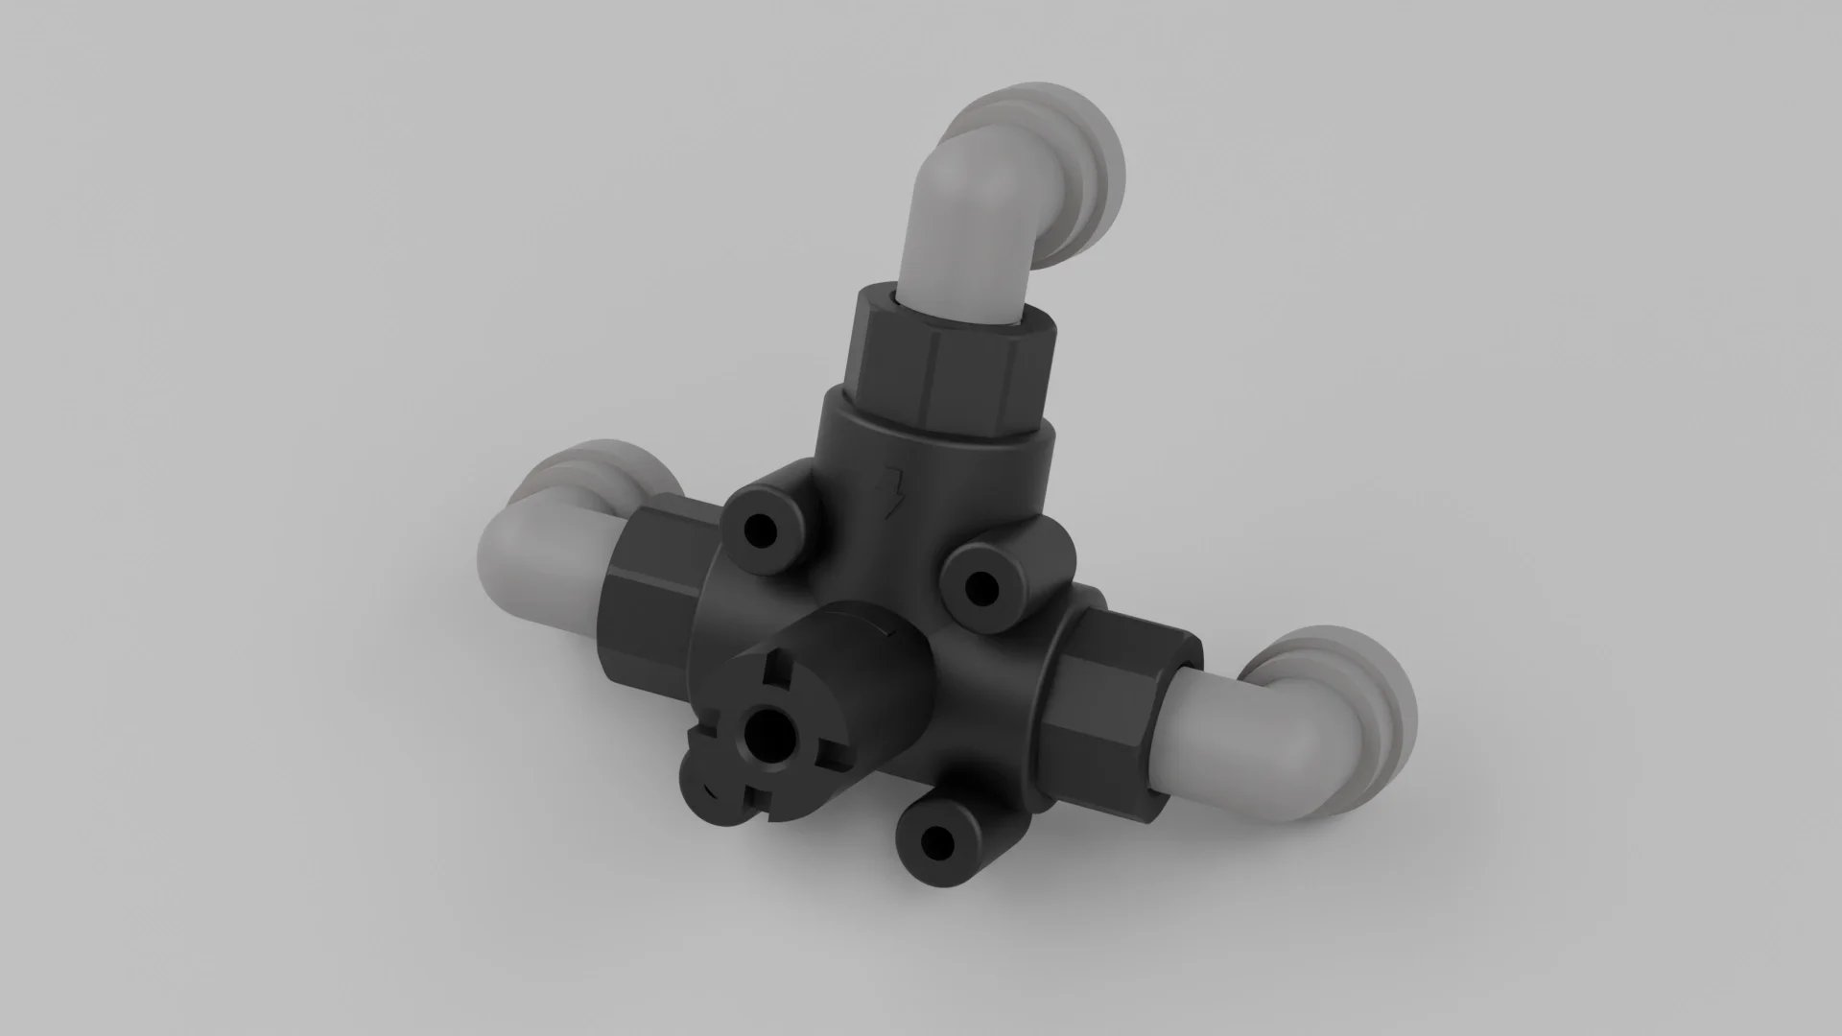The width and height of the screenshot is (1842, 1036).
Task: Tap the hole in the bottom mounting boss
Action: click(x=934, y=843)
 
